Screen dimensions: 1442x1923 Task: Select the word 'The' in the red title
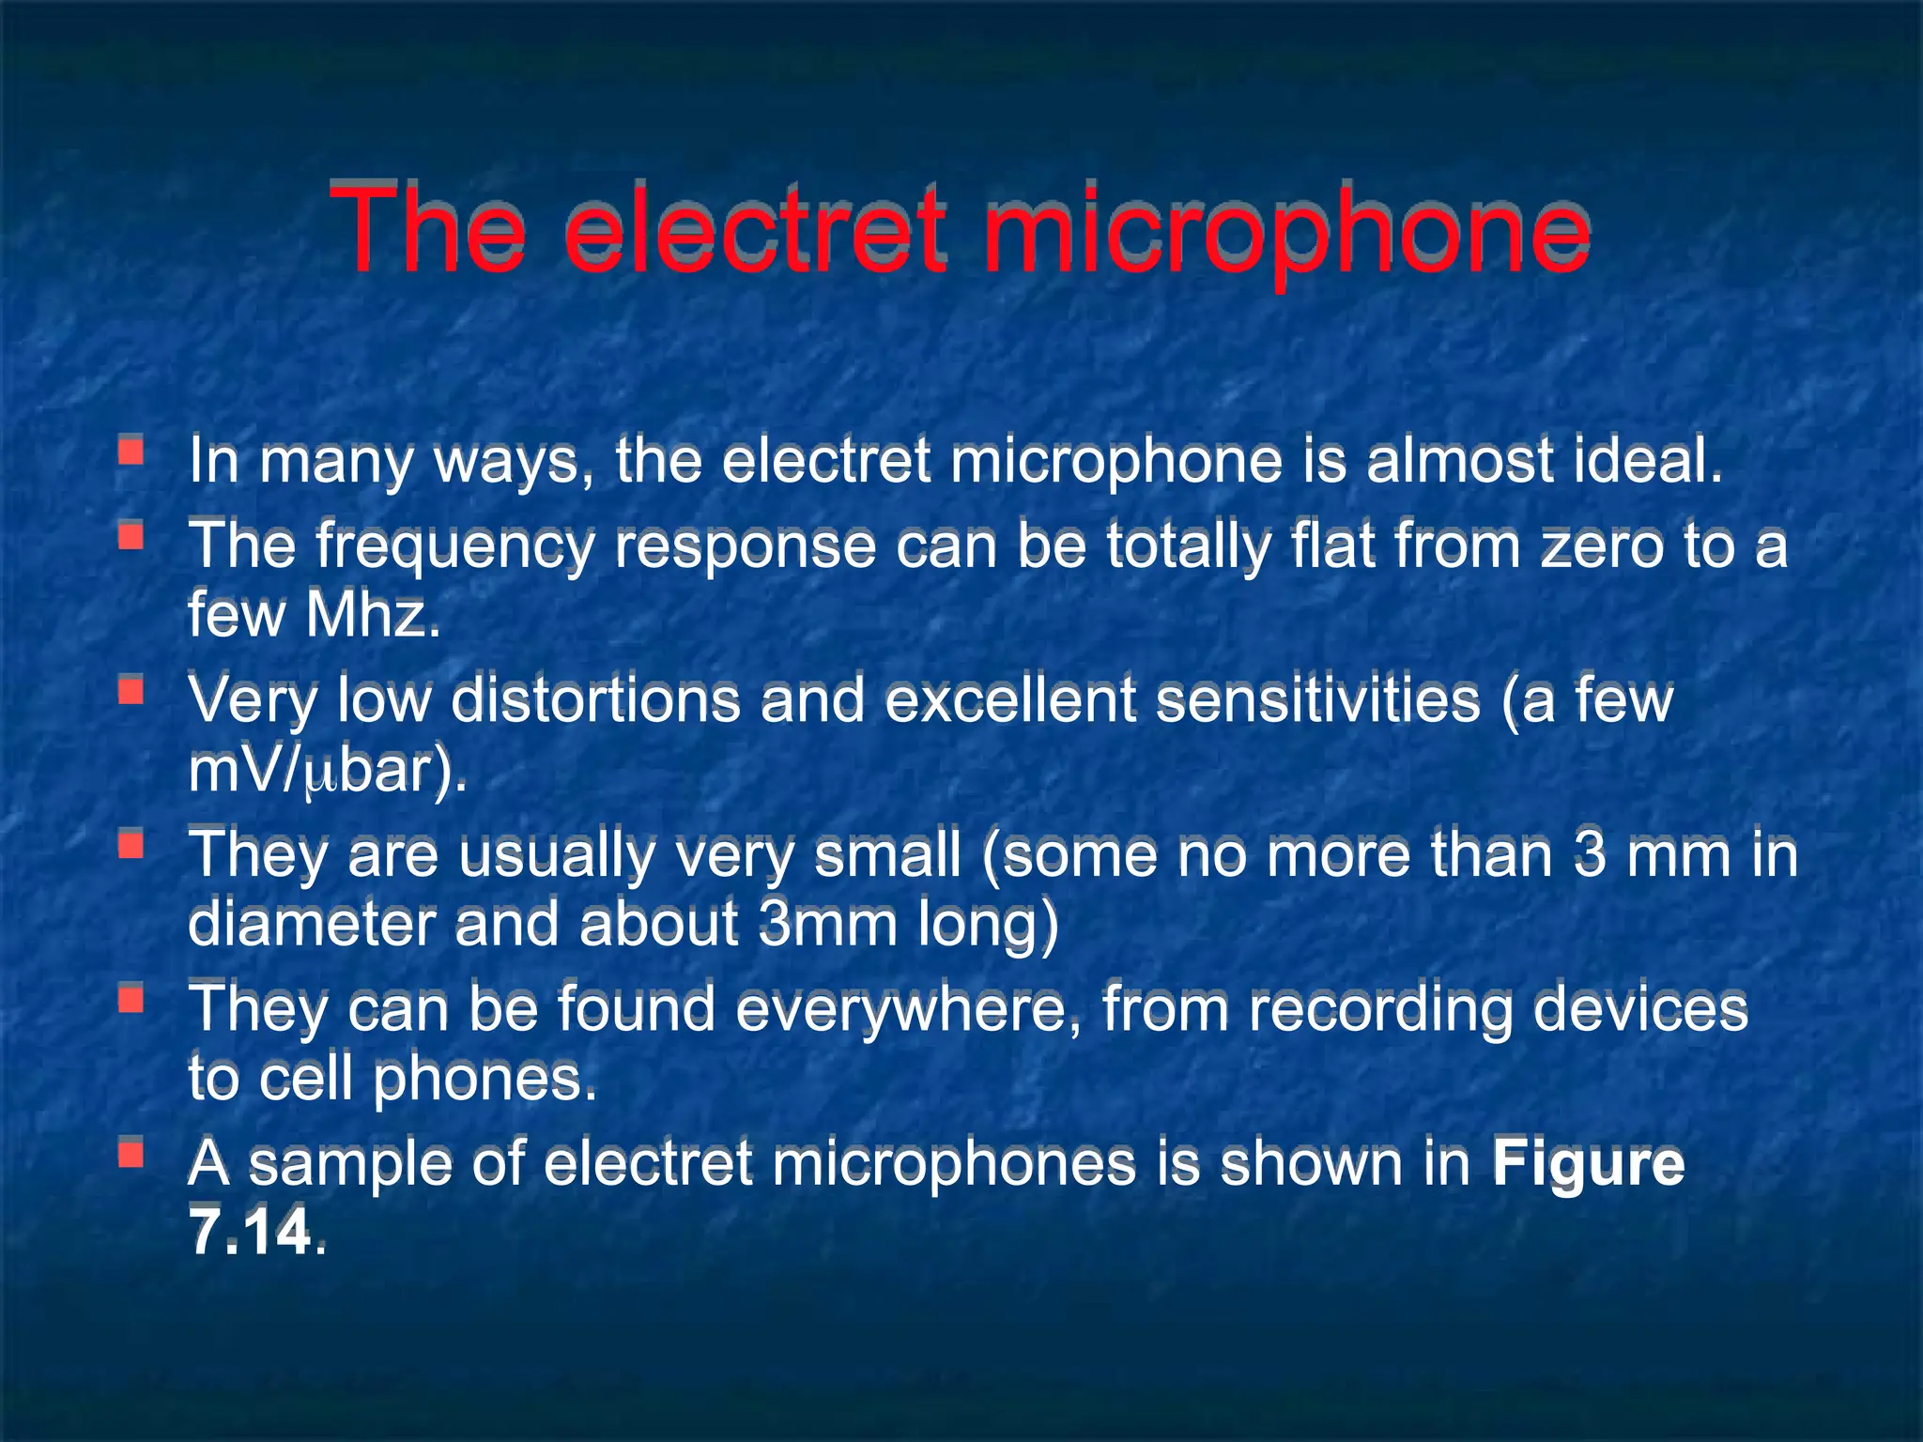(x=426, y=230)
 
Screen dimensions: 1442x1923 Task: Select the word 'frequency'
(x=455, y=546)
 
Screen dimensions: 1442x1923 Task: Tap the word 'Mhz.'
(x=373, y=615)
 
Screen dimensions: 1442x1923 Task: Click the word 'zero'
(x=1602, y=546)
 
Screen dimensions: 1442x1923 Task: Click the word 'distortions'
(x=595, y=700)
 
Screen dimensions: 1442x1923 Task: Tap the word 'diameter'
(x=311, y=925)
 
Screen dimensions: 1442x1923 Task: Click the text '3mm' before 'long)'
(x=827, y=925)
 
